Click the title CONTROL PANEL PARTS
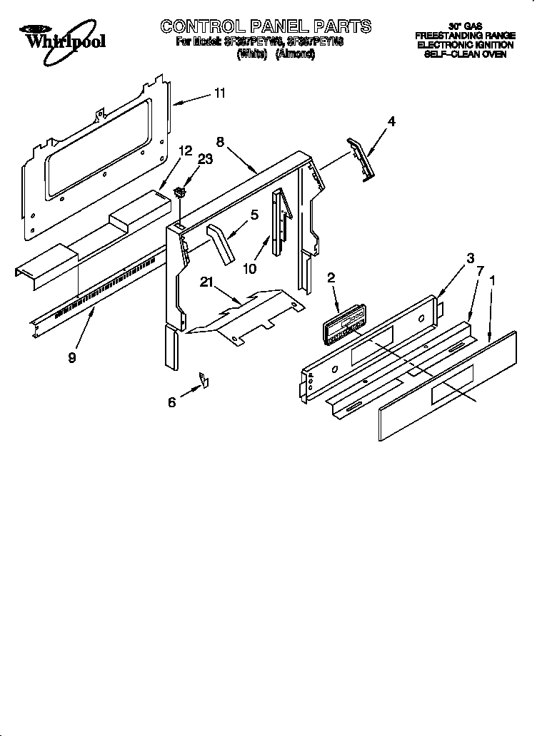coord(266,26)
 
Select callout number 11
coord(220,93)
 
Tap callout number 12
coord(185,150)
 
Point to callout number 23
coord(205,159)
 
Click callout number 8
coord(220,142)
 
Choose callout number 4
coord(391,122)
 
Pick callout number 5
coord(254,213)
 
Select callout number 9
coord(72,357)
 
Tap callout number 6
coord(171,402)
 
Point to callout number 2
coord(331,278)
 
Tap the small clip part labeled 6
coord(204,382)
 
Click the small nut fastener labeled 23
coord(181,190)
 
